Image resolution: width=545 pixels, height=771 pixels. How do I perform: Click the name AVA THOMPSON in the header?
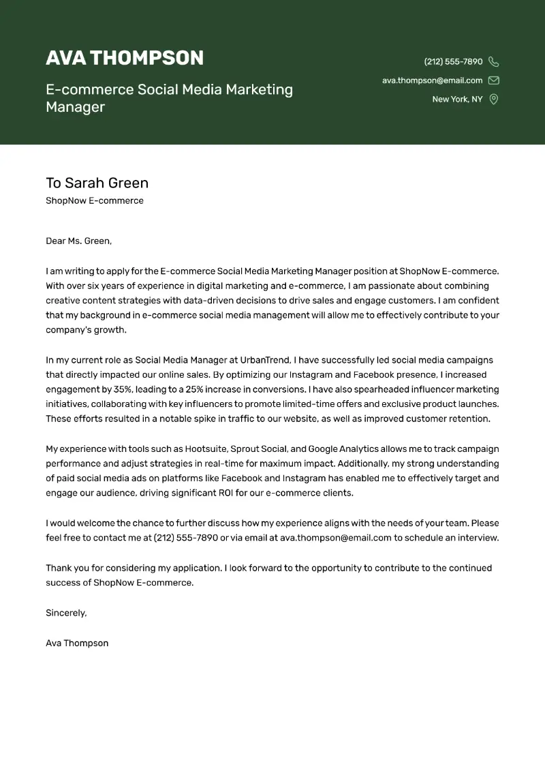[x=125, y=58]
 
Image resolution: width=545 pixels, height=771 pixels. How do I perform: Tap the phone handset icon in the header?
[x=494, y=62]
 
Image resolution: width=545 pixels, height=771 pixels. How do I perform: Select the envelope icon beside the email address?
[x=494, y=80]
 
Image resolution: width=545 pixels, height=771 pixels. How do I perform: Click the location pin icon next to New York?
[x=494, y=100]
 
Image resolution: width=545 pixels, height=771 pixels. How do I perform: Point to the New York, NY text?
[x=457, y=100]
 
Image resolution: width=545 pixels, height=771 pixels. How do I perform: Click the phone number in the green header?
[x=453, y=62]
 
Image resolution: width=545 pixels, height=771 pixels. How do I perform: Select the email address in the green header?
[x=432, y=80]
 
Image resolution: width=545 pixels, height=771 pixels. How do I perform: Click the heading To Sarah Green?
[x=97, y=183]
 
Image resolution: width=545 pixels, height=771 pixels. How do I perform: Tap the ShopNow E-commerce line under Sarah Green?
[x=95, y=201]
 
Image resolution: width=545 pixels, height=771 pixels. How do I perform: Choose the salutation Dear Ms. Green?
[x=78, y=241]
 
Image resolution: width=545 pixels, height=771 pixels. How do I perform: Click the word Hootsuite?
[x=204, y=449]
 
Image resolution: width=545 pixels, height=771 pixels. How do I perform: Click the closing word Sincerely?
[x=66, y=613]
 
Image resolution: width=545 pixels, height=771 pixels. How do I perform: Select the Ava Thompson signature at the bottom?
[x=77, y=643]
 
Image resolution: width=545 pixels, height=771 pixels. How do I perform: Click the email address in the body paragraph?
[x=336, y=537]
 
